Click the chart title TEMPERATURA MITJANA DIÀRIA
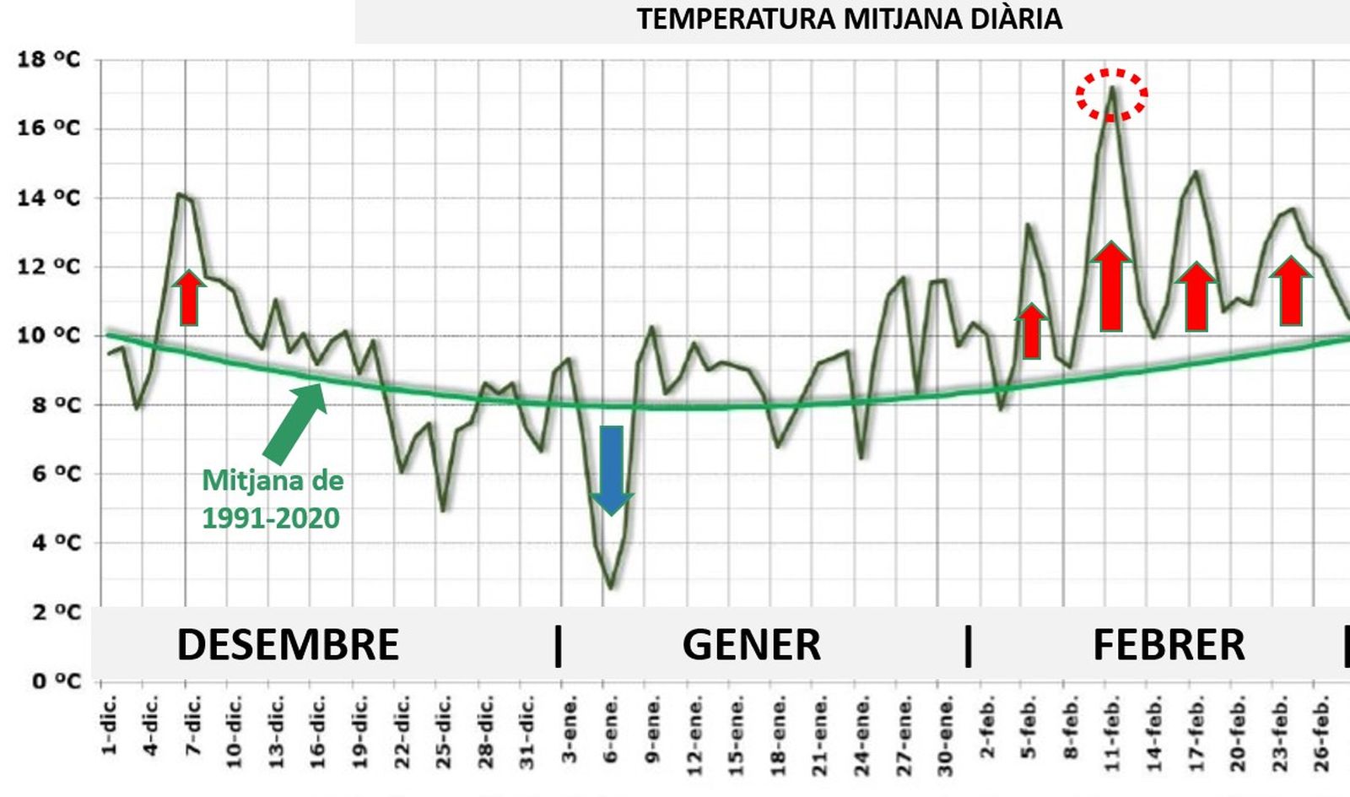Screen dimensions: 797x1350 click(x=849, y=19)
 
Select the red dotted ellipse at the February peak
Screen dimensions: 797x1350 click(x=1111, y=94)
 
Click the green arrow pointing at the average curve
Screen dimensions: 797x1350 click(x=295, y=422)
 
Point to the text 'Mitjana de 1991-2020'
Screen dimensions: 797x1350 click(x=272, y=499)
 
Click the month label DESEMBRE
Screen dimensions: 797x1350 click(x=288, y=645)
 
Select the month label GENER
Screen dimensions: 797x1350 click(x=751, y=645)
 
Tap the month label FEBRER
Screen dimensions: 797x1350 click(x=1169, y=645)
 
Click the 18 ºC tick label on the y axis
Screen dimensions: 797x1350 click(x=49, y=60)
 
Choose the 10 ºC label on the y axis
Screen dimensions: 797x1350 click(x=49, y=335)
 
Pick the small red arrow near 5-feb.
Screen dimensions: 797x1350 click(x=1031, y=331)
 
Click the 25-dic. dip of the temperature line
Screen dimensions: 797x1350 click(x=443, y=510)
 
